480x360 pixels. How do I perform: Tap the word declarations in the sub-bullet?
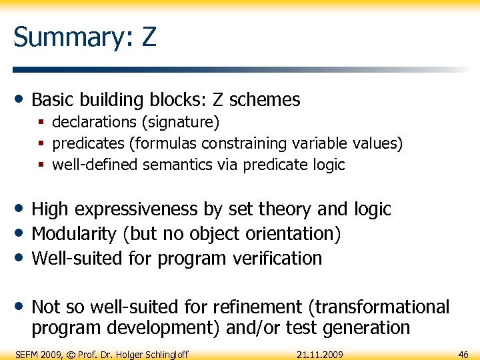[x=93, y=123]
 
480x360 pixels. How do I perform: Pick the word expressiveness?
[x=137, y=209]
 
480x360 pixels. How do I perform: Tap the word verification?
[x=273, y=258]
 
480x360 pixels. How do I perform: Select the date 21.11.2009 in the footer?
[x=319, y=354]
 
